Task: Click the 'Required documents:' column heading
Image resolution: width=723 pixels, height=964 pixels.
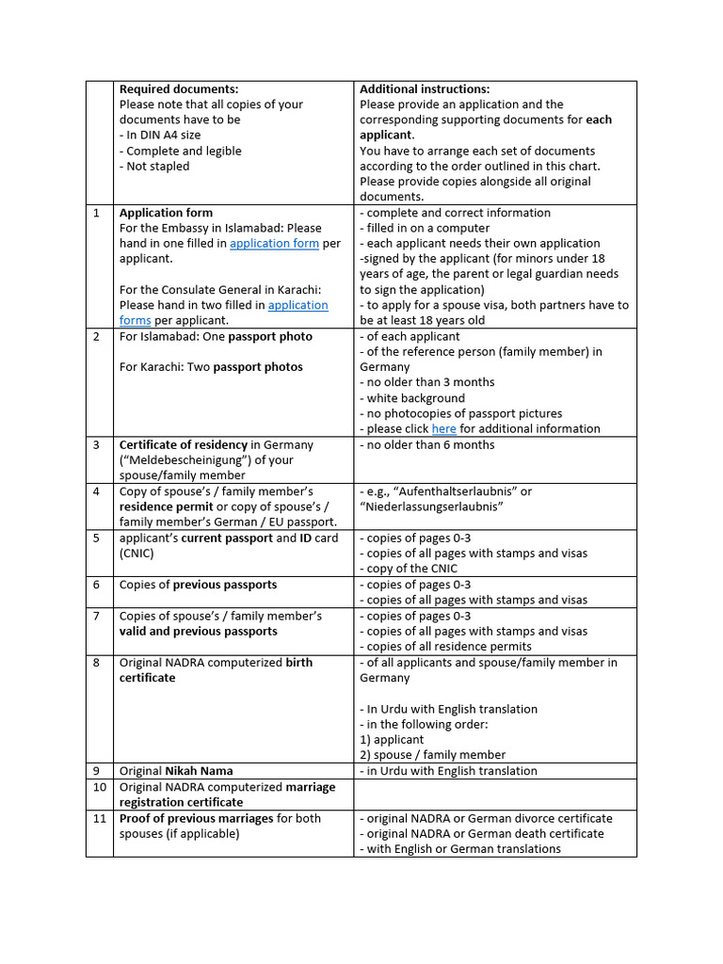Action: [x=179, y=89]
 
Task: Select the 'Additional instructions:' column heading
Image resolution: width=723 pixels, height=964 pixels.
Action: [x=425, y=89]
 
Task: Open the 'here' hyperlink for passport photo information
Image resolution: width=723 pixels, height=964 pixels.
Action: [x=443, y=429]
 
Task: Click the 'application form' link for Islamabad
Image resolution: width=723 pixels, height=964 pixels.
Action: [x=274, y=244]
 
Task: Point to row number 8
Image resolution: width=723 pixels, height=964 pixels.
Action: [x=97, y=663]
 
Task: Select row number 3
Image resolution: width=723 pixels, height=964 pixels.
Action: [x=97, y=445]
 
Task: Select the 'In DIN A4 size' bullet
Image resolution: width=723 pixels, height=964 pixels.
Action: [x=160, y=136]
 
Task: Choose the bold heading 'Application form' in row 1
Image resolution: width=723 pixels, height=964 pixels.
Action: [x=166, y=213]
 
